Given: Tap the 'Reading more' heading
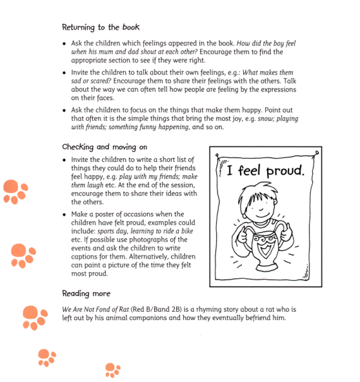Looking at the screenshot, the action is pos(85,294).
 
